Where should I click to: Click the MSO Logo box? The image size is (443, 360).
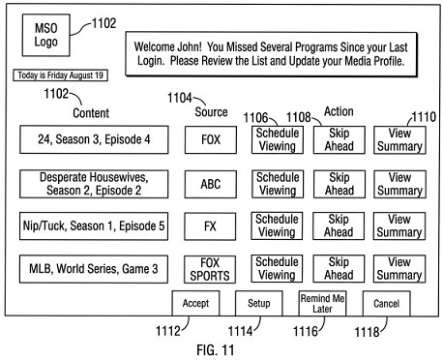(x=46, y=35)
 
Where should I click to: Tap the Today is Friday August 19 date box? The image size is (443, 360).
(x=60, y=75)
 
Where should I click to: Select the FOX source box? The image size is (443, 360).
(x=211, y=139)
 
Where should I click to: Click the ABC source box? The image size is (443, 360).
(x=211, y=184)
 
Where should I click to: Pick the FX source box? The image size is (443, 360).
(x=210, y=226)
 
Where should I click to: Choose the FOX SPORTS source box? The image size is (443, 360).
(x=210, y=269)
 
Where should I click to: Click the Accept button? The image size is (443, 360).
(x=195, y=303)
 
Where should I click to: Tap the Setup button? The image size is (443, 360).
(x=259, y=303)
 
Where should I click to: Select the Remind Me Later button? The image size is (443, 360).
(x=322, y=303)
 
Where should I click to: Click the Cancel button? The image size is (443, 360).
(x=387, y=304)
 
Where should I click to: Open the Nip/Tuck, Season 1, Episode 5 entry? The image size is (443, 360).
(x=94, y=226)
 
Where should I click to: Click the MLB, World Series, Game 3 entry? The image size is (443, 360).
(x=94, y=269)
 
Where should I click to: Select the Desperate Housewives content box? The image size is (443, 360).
(x=94, y=184)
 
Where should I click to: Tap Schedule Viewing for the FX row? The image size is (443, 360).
(x=277, y=225)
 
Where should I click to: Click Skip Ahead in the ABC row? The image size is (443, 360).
(x=340, y=184)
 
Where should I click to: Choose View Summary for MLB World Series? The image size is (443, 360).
(x=399, y=269)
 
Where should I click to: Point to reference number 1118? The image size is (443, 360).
(x=367, y=332)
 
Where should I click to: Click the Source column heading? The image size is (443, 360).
(x=211, y=112)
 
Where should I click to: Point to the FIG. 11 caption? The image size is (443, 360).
(x=216, y=350)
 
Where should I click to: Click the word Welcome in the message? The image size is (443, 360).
(x=152, y=46)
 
